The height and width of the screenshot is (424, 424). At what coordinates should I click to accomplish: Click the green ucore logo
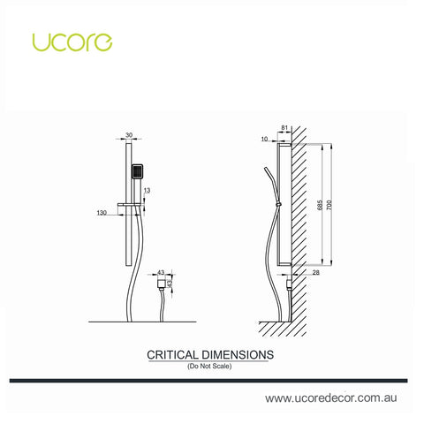[x=72, y=42]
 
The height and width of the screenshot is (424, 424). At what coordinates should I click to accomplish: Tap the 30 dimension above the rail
[x=129, y=135]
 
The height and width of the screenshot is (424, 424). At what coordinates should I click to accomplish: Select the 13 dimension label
[x=147, y=191]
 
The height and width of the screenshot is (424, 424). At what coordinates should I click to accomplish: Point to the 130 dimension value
[x=102, y=212]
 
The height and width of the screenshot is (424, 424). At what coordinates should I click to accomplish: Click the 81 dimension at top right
[x=284, y=128]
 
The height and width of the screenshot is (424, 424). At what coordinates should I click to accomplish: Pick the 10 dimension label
[x=265, y=139]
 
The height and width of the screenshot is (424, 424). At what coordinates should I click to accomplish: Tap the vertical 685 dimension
[x=321, y=205]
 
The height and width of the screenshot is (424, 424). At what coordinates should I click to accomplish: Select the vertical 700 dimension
[x=329, y=205]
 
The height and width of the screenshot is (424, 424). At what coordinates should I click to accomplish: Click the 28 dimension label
[x=315, y=273]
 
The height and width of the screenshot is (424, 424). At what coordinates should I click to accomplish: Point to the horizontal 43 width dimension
[x=161, y=272]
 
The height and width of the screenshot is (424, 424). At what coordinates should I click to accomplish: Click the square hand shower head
[x=137, y=171]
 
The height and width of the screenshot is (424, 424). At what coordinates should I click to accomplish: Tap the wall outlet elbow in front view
[x=161, y=284]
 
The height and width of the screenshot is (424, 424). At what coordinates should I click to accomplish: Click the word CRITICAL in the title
[x=173, y=355]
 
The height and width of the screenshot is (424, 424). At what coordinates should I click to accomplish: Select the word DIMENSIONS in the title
[x=238, y=355]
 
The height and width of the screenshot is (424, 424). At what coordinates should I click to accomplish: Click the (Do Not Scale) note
[x=209, y=366]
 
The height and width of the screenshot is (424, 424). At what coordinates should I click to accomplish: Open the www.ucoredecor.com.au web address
[x=331, y=398]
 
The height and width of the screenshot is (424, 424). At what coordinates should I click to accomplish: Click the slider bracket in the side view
[x=277, y=204]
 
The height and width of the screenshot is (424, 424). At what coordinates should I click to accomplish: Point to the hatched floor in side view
[x=283, y=329]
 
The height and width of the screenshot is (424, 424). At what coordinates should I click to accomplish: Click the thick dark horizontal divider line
[x=208, y=381]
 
